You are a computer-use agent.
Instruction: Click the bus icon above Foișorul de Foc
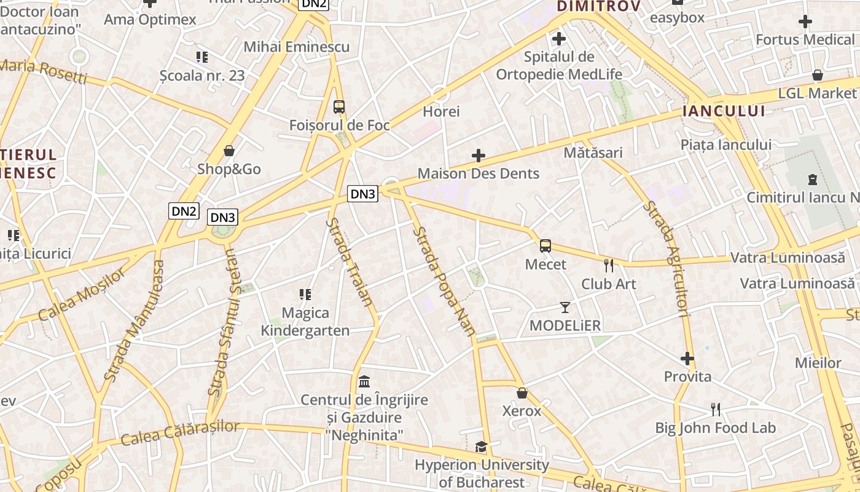tap(339, 106)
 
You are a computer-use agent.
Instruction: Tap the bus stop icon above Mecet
tap(545, 246)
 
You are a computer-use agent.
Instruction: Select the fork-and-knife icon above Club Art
tap(609, 266)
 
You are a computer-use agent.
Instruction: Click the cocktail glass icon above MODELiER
tap(565, 307)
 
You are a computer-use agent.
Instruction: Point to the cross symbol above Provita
tap(687, 358)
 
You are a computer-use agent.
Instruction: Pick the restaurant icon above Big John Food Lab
tap(715, 409)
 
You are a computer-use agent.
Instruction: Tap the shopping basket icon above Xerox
tap(522, 392)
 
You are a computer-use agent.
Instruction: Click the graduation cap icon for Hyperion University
tap(481, 446)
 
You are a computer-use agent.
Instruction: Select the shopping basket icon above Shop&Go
tap(229, 151)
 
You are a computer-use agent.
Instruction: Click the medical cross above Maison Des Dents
tap(479, 156)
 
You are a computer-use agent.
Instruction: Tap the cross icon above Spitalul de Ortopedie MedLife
tap(558, 39)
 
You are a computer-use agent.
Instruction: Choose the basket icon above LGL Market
tap(817, 75)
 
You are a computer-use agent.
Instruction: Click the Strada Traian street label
tap(350, 261)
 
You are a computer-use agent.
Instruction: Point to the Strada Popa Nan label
tap(444, 281)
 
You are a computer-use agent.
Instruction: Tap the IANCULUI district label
tap(724, 111)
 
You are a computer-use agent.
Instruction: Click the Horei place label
tap(441, 112)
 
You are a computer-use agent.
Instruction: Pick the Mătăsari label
tap(593, 153)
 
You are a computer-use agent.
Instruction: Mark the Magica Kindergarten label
tap(305, 322)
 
